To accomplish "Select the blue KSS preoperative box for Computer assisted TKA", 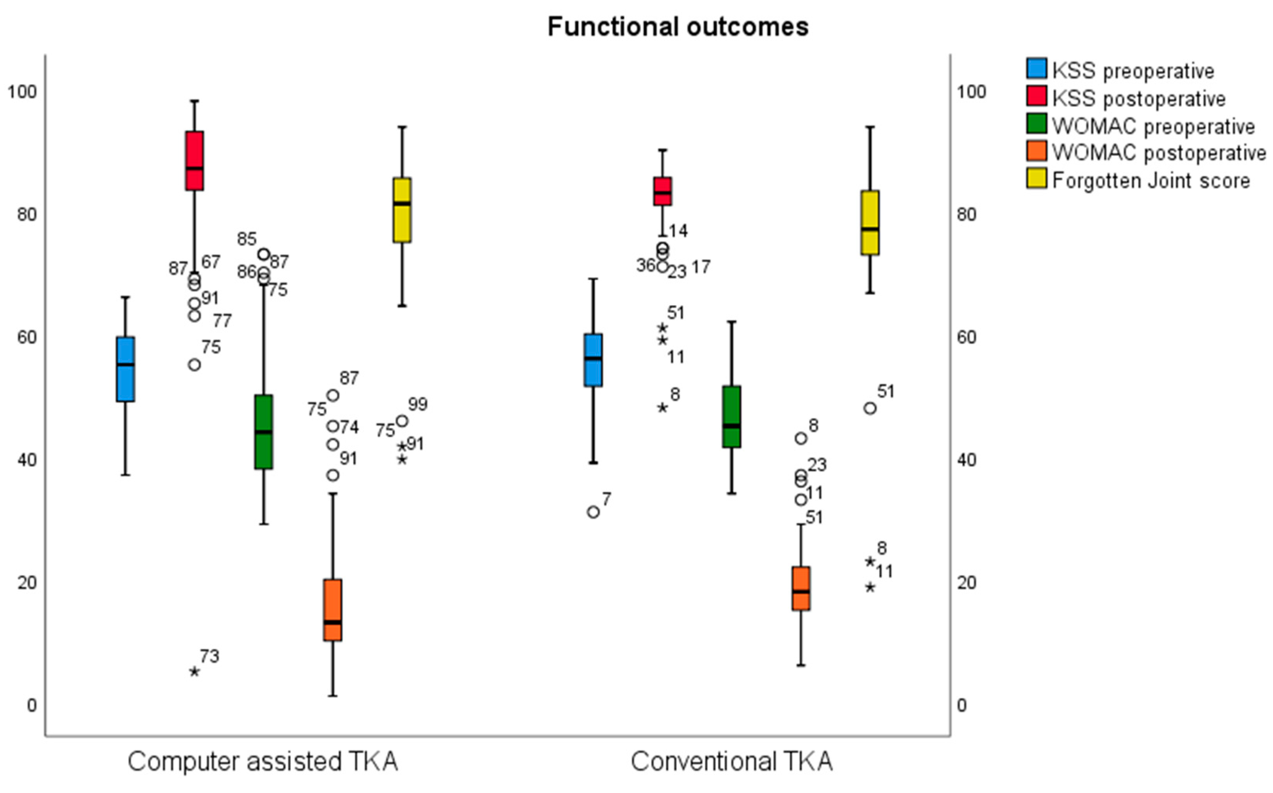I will pos(125,369).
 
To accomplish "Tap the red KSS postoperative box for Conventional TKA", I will pos(662,191).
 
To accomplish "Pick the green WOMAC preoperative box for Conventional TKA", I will pos(732,417).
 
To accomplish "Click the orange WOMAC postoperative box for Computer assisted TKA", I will pos(333,610).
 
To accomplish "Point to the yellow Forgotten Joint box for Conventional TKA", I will pos(870,223).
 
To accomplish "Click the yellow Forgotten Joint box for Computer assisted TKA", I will pos(402,210).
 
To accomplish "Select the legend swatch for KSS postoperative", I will pos(1037,96).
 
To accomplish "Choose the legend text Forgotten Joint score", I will pos(1151,181).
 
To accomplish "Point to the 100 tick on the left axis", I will pos(22,92).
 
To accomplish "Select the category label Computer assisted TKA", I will pos(263,762).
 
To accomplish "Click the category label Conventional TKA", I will pos(732,762).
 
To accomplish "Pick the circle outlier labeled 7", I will pos(594,512).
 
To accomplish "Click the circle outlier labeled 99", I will pos(402,421).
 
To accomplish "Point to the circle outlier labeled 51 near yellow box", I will pos(870,409).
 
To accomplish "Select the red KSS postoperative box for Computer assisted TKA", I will pos(195,161).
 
